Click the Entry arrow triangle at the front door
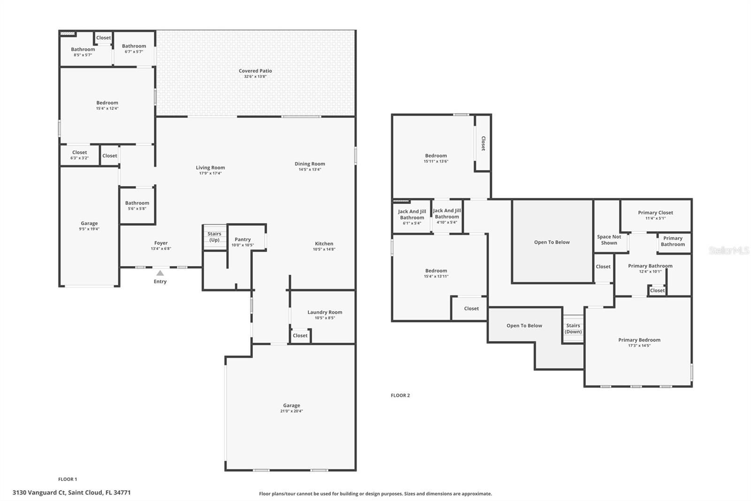[x=160, y=273]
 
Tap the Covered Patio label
[x=255, y=71]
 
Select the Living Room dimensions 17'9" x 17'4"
[x=210, y=173]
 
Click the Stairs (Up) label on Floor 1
[x=214, y=237]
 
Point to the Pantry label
[x=242, y=239]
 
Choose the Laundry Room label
[x=324, y=312]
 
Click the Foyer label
[x=161, y=243]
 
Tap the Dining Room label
[x=310, y=164]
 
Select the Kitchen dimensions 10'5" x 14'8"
[x=324, y=249]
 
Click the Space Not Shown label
[x=609, y=240]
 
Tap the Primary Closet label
[x=655, y=212]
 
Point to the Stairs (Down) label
[x=573, y=329]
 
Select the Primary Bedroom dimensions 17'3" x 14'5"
[x=639, y=345]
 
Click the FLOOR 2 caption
[x=400, y=395]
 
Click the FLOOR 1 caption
[x=68, y=479]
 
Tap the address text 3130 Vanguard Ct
[x=39, y=493]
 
